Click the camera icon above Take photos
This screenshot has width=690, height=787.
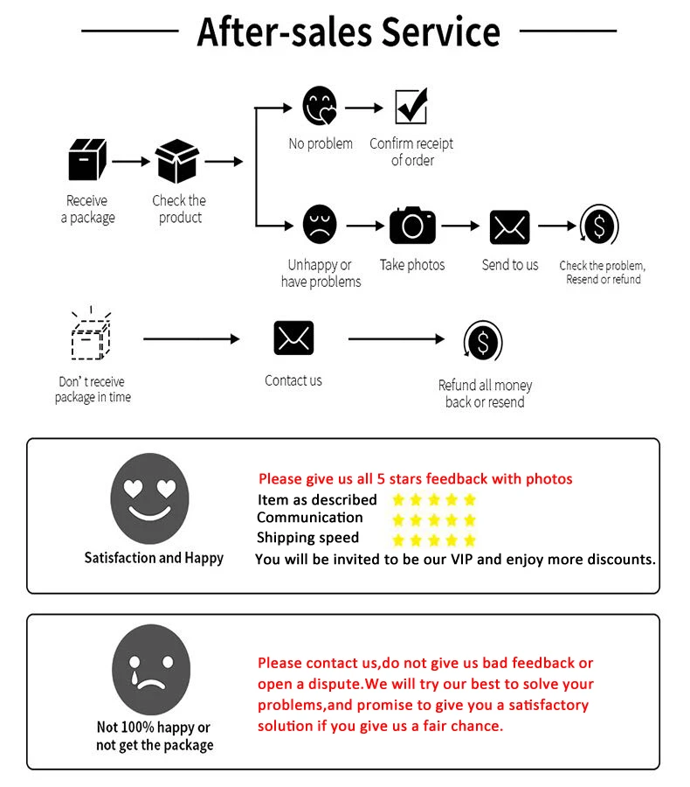[x=412, y=226]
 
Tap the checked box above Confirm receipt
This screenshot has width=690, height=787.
[x=411, y=107]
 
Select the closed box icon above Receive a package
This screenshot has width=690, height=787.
[x=87, y=161]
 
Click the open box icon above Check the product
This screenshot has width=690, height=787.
[x=178, y=161]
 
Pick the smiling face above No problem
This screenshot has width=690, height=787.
[x=320, y=106]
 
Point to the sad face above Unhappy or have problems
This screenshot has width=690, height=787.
[x=320, y=225]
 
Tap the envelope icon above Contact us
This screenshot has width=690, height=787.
[x=293, y=338]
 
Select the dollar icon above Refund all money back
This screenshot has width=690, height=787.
[x=483, y=341]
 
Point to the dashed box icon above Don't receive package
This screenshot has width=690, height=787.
[x=88, y=336]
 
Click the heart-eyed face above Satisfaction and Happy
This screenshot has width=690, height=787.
[x=149, y=499]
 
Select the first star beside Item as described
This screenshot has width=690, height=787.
[x=399, y=500]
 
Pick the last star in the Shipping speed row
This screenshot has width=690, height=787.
[x=470, y=540]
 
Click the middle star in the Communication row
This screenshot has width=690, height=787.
[x=434, y=519]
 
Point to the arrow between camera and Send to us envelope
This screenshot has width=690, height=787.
[x=460, y=226]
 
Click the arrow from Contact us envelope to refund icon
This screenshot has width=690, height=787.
[x=397, y=339]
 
